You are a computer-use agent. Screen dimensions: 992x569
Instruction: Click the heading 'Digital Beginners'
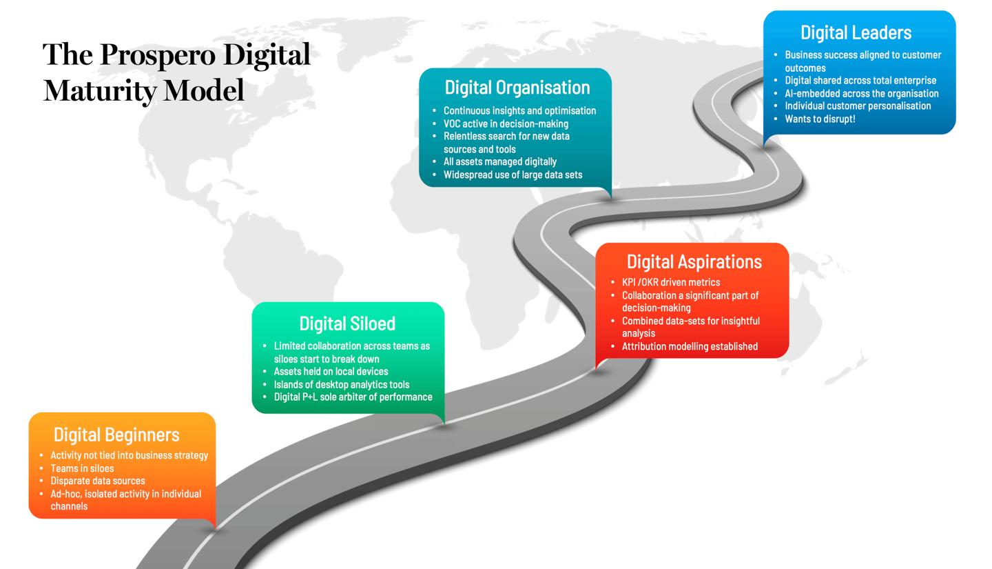116,435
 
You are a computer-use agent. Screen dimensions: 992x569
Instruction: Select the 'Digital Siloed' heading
347,323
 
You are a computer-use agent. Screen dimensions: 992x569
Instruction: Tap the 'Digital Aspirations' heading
694,262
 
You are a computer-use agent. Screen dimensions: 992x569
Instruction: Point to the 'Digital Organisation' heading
517,88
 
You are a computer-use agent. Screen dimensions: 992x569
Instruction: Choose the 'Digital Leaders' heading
856,32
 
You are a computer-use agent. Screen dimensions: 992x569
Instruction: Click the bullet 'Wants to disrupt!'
820,119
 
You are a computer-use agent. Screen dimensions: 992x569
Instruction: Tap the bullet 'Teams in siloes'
82,468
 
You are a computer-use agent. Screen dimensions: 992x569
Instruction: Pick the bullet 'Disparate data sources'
97,481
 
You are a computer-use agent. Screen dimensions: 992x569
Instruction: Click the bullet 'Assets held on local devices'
331,372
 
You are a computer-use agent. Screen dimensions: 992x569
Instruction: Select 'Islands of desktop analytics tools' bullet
341,384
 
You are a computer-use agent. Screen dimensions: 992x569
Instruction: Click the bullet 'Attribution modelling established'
690,346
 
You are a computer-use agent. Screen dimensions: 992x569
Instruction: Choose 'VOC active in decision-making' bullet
506,123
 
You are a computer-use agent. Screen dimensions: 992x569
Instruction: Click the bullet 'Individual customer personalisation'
858,106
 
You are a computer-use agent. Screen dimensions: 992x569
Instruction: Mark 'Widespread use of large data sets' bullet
513,174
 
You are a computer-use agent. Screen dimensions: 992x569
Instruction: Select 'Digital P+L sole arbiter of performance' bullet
353,397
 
